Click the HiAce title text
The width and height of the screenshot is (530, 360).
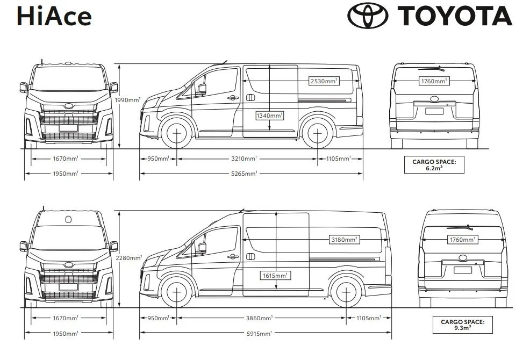[54, 16]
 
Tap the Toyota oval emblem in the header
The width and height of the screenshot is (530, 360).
[368, 16]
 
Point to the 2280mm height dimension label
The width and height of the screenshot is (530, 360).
[127, 258]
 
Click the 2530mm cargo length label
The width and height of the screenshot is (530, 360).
[324, 81]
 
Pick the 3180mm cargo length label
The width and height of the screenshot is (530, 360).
[344, 240]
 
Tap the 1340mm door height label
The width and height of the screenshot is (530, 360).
[269, 116]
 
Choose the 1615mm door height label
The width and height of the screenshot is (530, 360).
[275, 276]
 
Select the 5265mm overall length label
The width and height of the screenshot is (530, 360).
[245, 174]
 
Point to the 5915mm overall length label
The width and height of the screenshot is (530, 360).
[259, 334]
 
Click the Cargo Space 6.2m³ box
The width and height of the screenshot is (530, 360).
[434, 164]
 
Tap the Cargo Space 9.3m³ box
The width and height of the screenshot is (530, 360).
[462, 325]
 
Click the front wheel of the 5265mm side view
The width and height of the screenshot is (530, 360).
[177, 133]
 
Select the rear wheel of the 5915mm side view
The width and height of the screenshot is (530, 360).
[346, 292]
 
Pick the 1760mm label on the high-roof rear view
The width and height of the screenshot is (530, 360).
[463, 240]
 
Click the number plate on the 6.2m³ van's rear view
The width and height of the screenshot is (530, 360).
[434, 111]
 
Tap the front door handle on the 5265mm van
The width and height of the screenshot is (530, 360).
[233, 97]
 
